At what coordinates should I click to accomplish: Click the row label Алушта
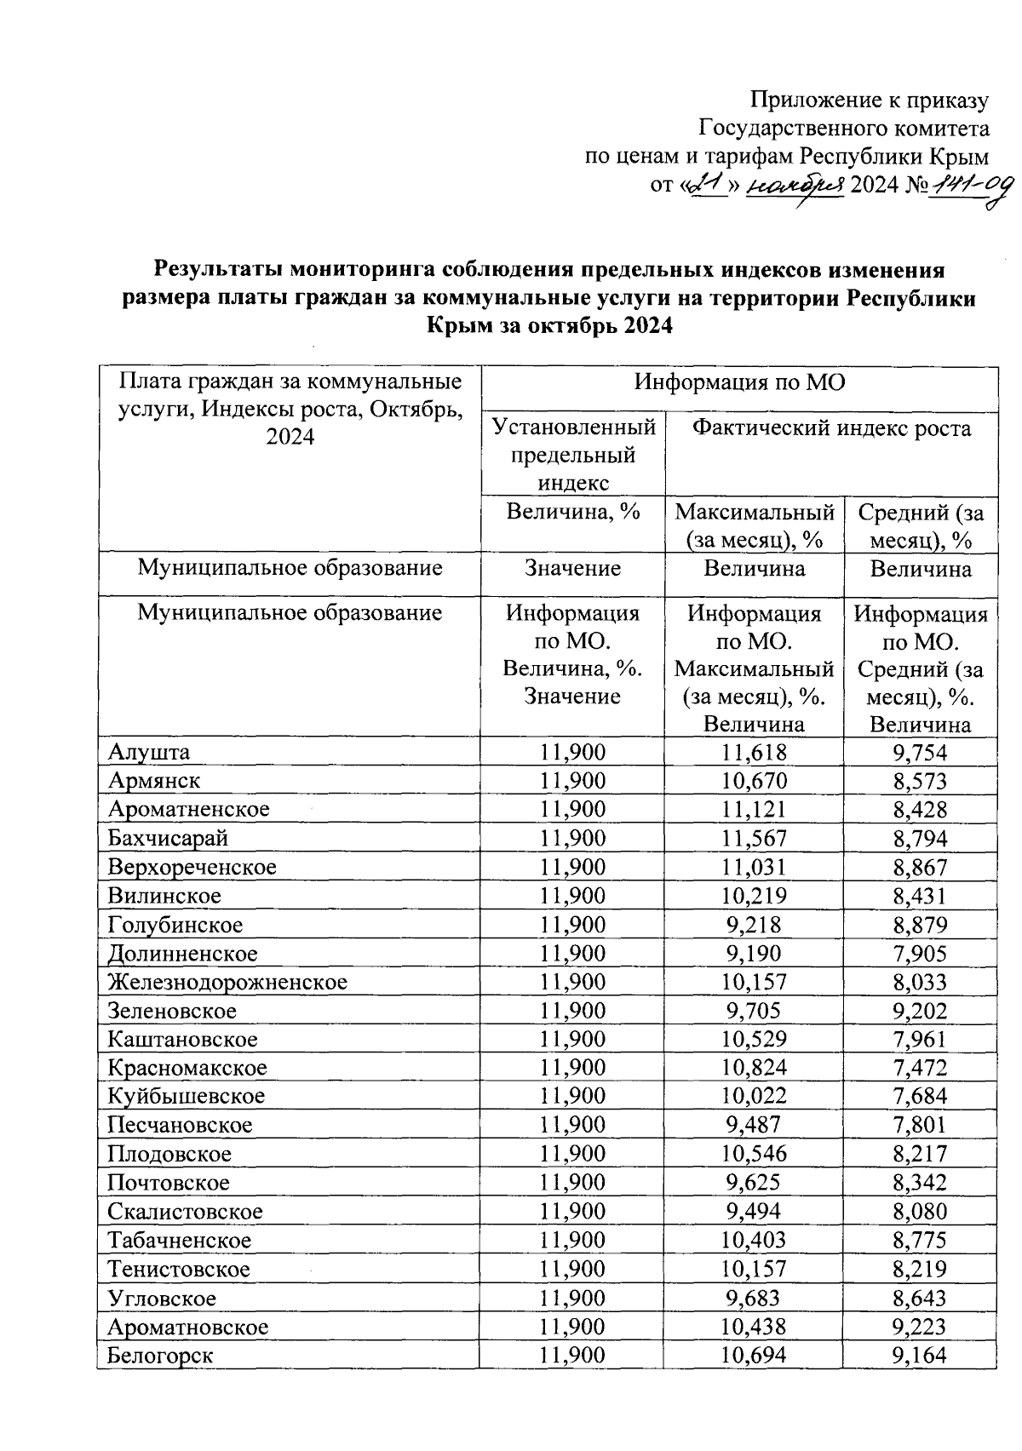[149, 752]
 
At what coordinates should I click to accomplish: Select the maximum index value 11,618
[754, 752]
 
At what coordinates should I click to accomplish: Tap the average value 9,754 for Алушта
[920, 752]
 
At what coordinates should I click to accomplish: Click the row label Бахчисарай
[168, 838]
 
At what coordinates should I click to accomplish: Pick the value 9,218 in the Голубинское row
[754, 925]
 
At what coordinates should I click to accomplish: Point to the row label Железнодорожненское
[227, 982]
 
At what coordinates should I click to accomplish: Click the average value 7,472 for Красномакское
[920, 1068]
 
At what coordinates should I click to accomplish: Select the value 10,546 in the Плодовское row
[754, 1154]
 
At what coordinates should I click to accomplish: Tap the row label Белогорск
[160, 1356]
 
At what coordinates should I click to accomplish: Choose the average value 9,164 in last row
[920, 1356]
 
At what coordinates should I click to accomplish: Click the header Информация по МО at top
[739, 382]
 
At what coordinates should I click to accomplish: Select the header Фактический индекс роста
[831, 428]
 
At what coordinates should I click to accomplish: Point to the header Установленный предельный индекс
[573, 454]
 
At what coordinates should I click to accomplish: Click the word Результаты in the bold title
[217, 270]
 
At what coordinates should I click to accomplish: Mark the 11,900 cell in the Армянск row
[572, 781]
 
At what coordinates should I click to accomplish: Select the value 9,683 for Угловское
[754, 1298]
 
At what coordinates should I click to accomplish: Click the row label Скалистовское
[185, 1212]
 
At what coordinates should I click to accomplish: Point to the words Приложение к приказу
[869, 100]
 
